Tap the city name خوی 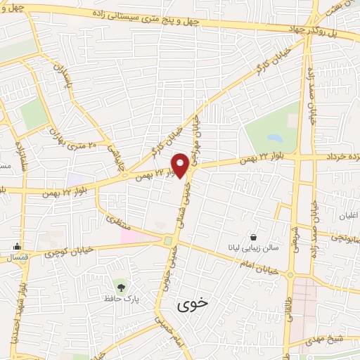(x=193, y=304)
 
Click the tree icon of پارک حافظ (x=121, y=286)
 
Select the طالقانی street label (x=289, y=309)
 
